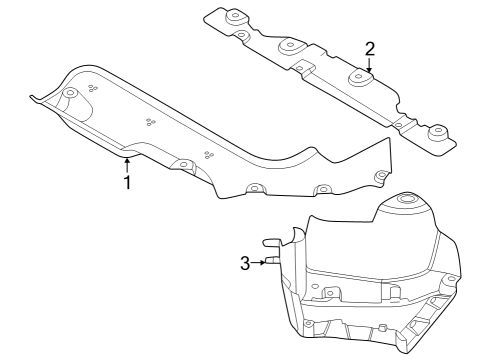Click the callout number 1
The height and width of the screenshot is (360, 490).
127,183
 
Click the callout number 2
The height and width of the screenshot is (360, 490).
369,48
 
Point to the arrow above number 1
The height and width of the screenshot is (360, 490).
127,163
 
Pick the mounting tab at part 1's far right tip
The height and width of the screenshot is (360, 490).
380,177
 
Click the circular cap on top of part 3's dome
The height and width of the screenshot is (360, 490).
407,201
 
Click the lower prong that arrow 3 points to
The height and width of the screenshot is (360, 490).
272,263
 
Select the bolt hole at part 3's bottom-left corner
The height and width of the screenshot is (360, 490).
309,322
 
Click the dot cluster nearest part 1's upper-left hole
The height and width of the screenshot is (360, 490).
93,88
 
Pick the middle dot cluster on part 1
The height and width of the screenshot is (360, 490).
150,122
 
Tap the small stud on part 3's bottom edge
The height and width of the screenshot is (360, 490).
381,329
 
